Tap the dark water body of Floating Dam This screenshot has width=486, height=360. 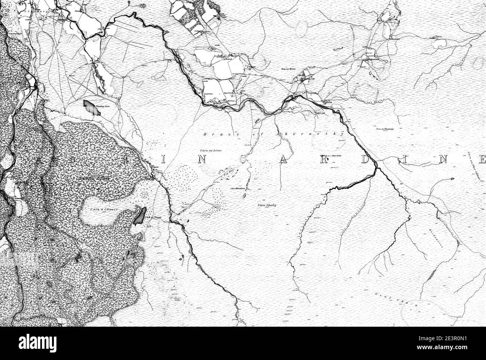pos(89,107)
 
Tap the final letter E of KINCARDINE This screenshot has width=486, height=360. pos(482,160)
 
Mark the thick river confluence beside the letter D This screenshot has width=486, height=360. pos(376,167)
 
